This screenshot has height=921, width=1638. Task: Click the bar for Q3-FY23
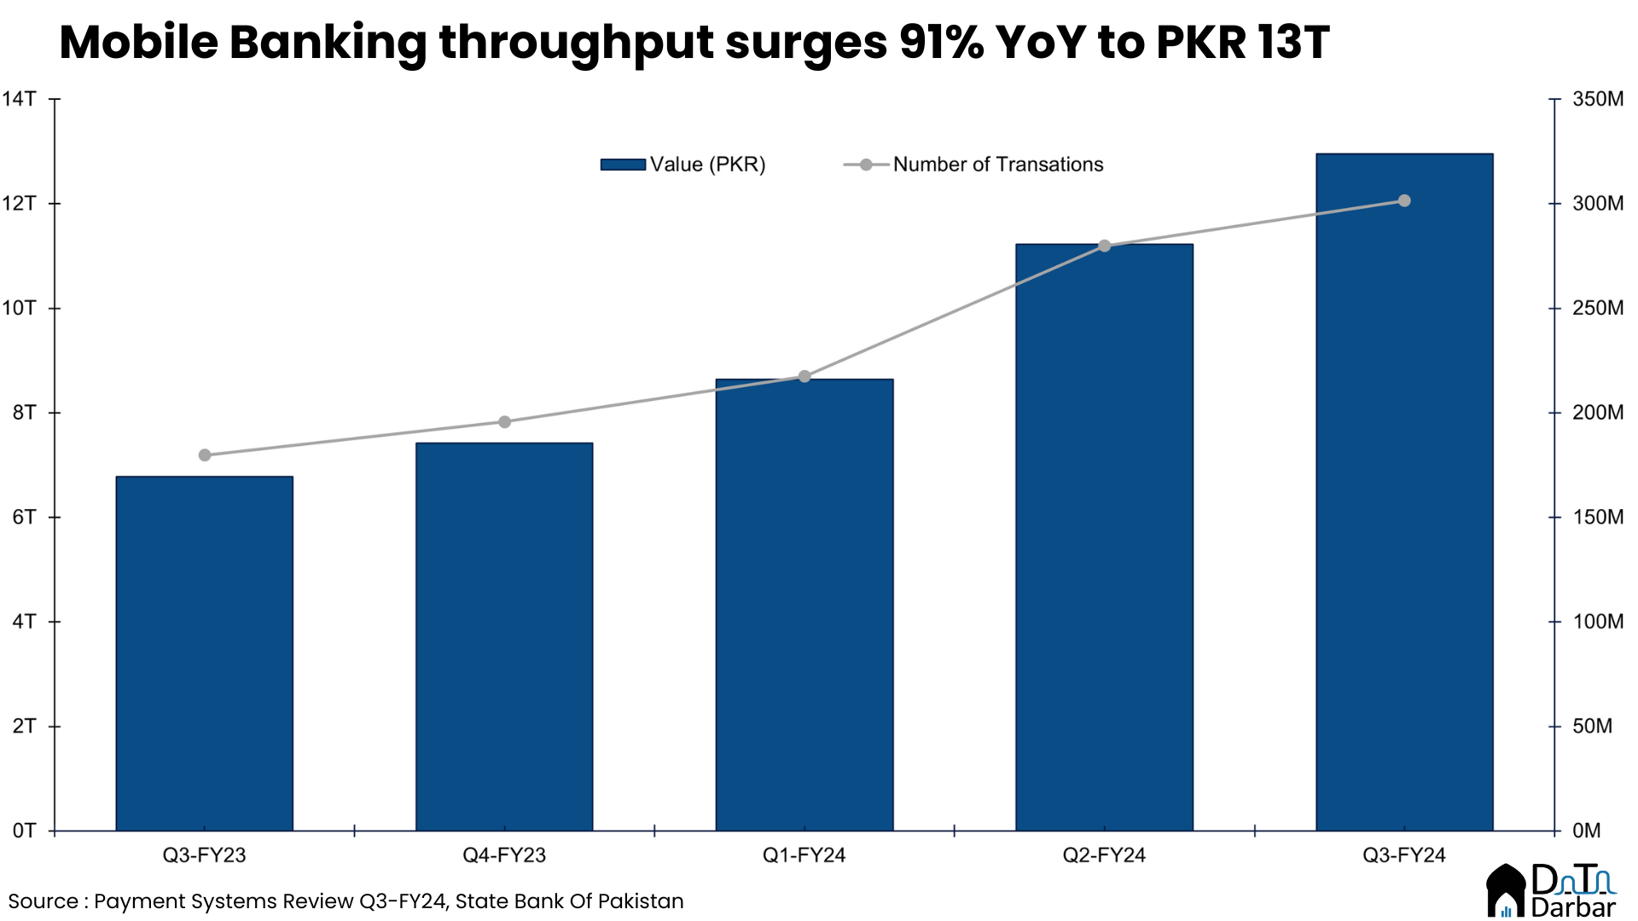tap(205, 653)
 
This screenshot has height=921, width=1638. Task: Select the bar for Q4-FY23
tap(504, 636)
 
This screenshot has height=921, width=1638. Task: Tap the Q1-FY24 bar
tap(804, 605)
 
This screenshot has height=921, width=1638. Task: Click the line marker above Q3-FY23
tap(205, 455)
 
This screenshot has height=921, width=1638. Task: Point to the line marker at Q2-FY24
tap(1105, 246)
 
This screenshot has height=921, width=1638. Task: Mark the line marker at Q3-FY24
tap(1404, 201)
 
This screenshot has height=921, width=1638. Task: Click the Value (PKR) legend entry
tap(683, 165)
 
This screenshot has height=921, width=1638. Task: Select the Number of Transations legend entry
tap(973, 165)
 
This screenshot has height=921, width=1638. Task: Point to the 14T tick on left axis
tap(19, 99)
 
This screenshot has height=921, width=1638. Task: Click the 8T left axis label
tap(24, 413)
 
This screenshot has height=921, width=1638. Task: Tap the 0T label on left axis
tap(24, 831)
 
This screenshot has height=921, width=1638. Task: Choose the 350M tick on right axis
tap(1597, 99)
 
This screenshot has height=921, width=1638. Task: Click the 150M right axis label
tap(1597, 517)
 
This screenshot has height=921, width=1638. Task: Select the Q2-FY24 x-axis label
tap(1104, 855)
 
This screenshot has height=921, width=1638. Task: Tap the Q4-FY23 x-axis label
tap(504, 855)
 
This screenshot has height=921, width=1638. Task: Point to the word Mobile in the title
tap(138, 42)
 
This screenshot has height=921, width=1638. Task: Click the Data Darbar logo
tap(1551, 891)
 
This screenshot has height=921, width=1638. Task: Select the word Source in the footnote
tap(43, 901)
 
